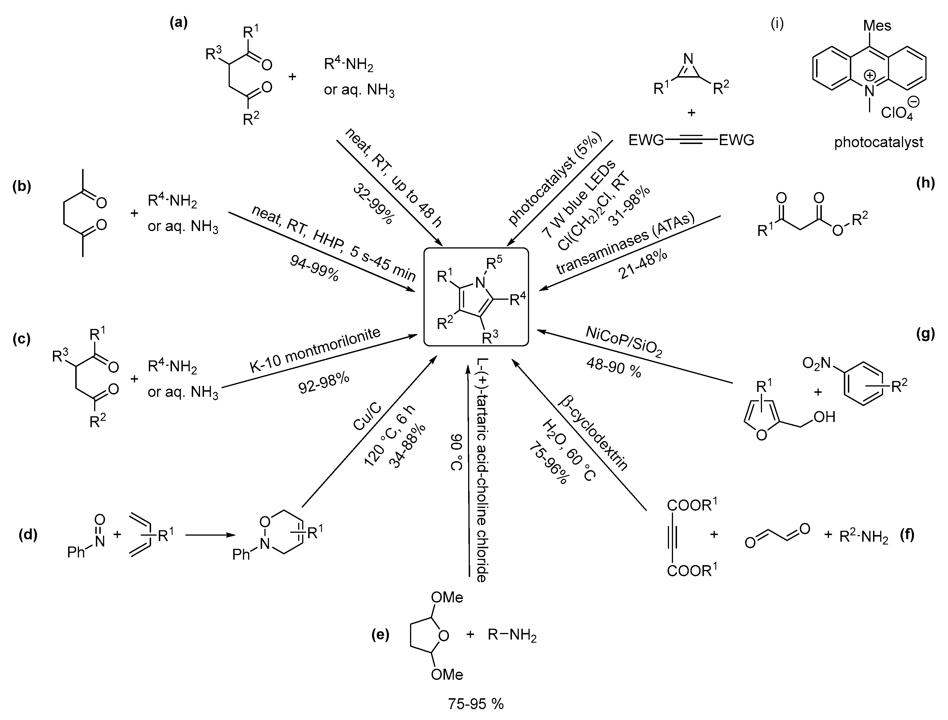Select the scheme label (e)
(x=380, y=635)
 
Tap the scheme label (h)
(x=925, y=183)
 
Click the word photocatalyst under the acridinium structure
(x=878, y=142)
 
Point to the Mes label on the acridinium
(x=877, y=26)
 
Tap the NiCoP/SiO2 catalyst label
(x=624, y=342)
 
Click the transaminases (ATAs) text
(x=624, y=244)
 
